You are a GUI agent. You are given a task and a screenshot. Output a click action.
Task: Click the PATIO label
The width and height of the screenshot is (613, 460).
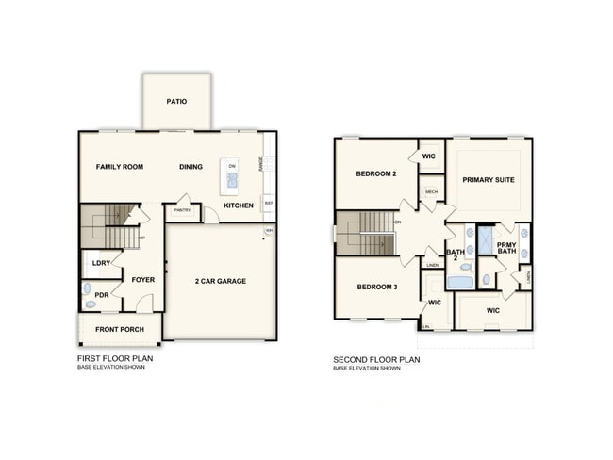click(x=175, y=101)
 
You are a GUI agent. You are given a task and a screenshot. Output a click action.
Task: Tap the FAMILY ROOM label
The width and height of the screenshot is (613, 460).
click(x=120, y=167)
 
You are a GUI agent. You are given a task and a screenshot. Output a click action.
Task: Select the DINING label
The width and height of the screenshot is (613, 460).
click(x=191, y=167)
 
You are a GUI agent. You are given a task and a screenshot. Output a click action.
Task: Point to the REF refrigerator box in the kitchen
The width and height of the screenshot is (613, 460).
click(x=269, y=203)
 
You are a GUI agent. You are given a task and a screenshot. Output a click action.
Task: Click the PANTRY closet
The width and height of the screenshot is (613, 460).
click(x=182, y=211)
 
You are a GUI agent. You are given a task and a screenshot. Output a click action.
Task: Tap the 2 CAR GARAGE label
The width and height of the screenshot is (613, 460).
click(x=221, y=281)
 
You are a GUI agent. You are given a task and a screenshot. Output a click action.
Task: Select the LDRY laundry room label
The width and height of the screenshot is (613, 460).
click(x=99, y=264)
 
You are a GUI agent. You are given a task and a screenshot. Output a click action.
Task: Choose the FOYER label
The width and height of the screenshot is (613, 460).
click(x=142, y=280)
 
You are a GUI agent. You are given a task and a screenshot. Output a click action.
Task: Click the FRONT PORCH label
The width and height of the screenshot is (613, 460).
click(x=119, y=328)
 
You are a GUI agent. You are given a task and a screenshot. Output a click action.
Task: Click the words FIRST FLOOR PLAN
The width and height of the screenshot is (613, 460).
click(x=116, y=359)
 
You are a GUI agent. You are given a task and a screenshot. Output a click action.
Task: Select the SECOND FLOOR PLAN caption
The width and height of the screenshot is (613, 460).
click(x=377, y=359)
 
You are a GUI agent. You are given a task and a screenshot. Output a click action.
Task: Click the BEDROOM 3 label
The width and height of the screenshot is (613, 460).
click(x=377, y=287)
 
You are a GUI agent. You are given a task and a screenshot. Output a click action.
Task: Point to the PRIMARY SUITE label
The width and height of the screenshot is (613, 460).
click(x=488, y=179)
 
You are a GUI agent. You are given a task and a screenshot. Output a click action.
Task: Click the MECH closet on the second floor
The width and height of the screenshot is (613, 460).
click(x=431, y=192)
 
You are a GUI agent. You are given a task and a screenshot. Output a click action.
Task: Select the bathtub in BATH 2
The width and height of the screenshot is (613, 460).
click(x=460, y=281)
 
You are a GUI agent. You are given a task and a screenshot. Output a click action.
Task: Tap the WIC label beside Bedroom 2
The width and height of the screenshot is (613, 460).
click(x=428, y=156)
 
